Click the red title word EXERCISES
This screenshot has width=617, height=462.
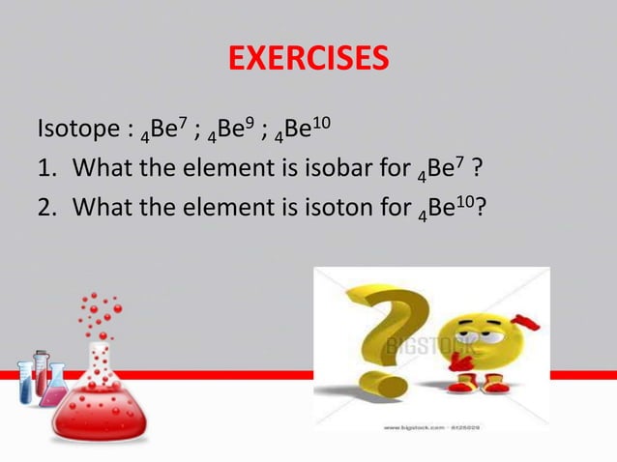pos(308,59)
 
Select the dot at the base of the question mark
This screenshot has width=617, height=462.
pos(389,385)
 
